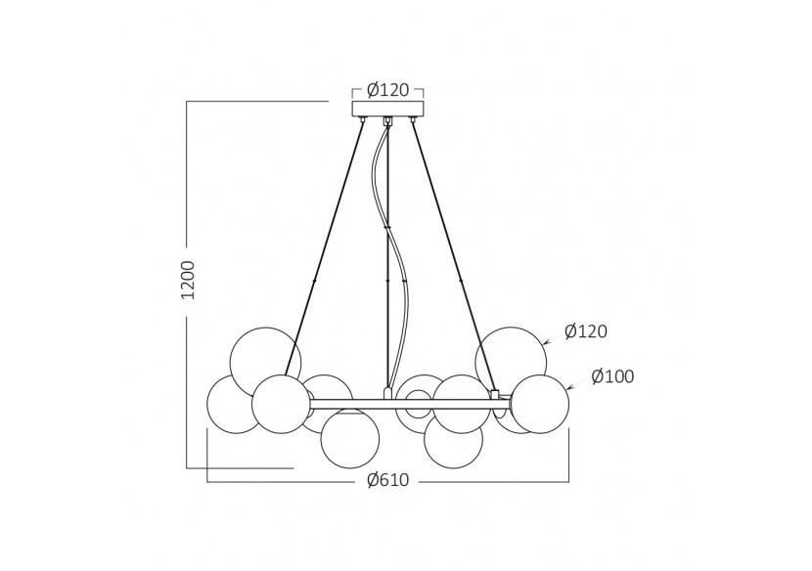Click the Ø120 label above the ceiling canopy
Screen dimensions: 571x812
pyautogui.click(x=387, y=90)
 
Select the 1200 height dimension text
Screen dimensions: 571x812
pyautogui.click(x=188, y=280)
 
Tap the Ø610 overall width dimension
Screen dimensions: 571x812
pyautogui.click(x=387, y=480)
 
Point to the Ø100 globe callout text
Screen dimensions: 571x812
pyautogui.click(x=612, y=376)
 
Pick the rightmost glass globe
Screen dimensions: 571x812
pyautogui.click(x=540, y=404)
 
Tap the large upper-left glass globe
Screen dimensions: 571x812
pyautogui.click(x=264, y=358)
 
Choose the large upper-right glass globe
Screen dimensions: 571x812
pyautogui.click(x=511, y=356)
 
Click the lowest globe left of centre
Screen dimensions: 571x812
pyautogui.click(x=350, y=439)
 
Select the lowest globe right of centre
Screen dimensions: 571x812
pyautogui.click(x=454, y=442)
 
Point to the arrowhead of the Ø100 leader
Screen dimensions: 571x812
pyautogui.click(x=568, y=388)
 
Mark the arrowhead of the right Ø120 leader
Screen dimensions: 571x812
pyautogui.click(x=544, y=341)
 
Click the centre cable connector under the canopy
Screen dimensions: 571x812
pyautogui.click(x=387, y=121)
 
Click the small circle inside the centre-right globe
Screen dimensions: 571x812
pyautogui.click(x=419, y=402)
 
